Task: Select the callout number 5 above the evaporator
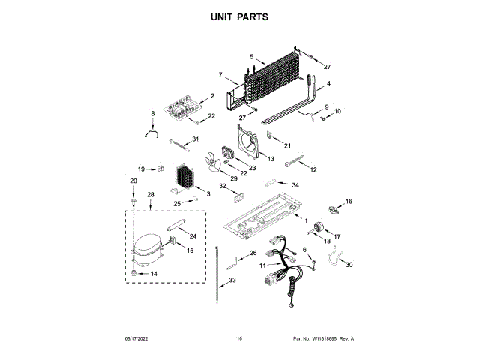[252, 57]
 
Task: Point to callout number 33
[232, 280]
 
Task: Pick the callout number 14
[154, 274]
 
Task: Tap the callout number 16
[348, 201]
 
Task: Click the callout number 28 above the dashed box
[150, 195]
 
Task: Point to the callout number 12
[313, 170]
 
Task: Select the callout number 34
[295, 184]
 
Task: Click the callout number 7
[220, 74]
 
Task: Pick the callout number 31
[195, 139]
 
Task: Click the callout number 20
[133, 181]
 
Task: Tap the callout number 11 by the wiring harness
[262, 265]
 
